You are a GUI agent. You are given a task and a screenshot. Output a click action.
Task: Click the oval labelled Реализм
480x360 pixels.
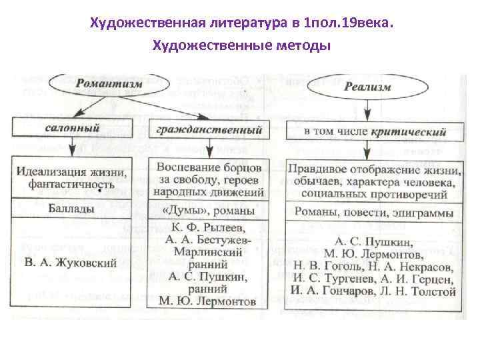(367, 87)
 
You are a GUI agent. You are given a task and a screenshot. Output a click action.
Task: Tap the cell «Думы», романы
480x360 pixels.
(208, 211)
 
